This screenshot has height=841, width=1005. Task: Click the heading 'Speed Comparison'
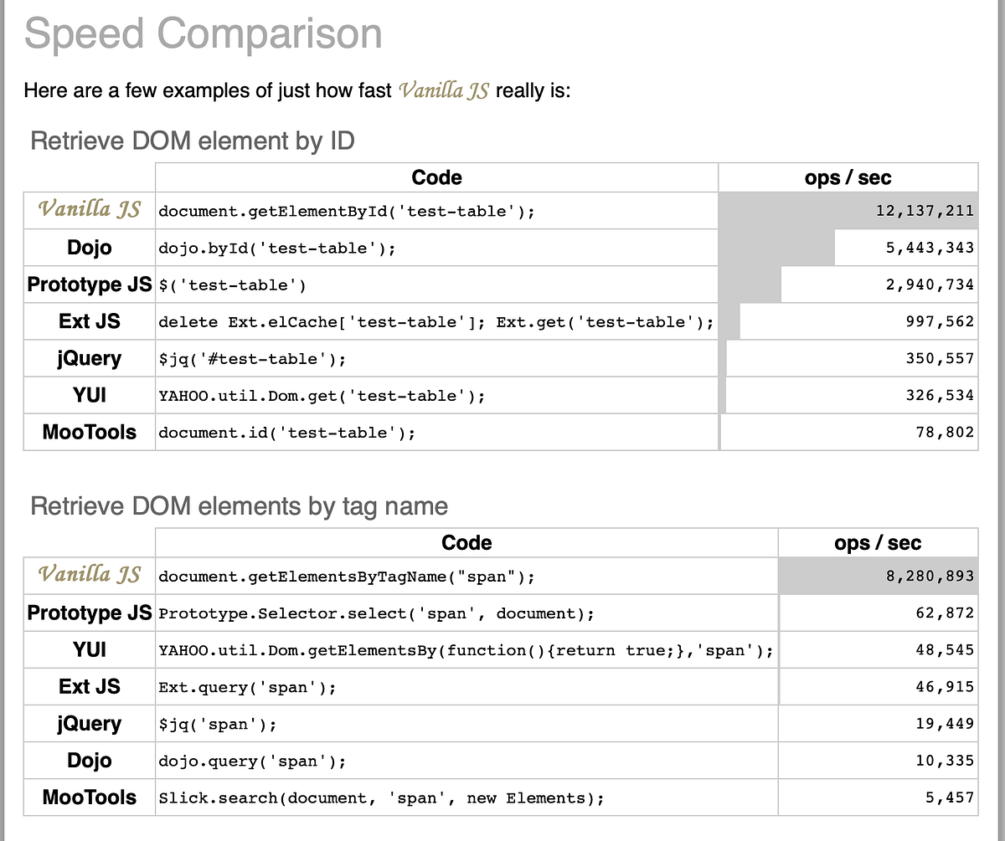coord(203,34)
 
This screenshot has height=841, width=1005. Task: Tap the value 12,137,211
coord(925,211)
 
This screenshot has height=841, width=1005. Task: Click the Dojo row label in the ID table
coord(90,248)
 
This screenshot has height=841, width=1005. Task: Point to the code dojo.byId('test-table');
coord(276,249)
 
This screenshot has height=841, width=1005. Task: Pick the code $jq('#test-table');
coord(252,359)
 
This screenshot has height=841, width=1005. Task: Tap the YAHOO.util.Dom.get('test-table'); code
coord(322,396)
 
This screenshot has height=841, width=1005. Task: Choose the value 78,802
coord(945,433)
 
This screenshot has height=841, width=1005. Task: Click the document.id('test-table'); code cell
coord(286,433)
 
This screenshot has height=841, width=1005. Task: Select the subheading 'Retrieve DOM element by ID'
coord(193,141)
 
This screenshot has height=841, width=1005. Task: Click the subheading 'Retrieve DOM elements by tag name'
coord(239,506)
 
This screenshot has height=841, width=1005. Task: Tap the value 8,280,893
coord(930,577)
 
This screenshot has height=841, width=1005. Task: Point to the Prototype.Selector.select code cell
coord(376,613)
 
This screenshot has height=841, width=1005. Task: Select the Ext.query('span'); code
coord(247,688)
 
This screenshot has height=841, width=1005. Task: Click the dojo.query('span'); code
coord(252,762)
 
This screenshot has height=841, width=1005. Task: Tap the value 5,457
coord(950,797)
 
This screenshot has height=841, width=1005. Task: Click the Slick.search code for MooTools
coord(381,798)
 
